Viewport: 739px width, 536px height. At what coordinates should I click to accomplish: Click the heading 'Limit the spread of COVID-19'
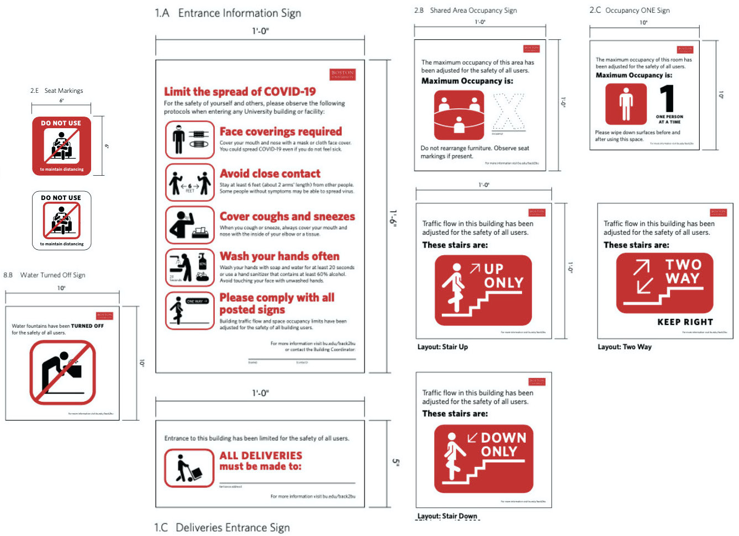[240, 92]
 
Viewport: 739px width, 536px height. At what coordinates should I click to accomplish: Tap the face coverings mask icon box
[190, 140]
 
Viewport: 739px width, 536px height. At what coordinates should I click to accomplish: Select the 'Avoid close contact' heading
[270, 174]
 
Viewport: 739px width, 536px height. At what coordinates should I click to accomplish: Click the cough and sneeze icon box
[190, 225]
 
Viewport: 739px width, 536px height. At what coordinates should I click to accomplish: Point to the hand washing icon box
[190, 267]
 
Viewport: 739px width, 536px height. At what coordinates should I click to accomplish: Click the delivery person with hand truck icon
[189, 468]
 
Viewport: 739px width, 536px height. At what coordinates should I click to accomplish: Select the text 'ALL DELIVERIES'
[261, 455]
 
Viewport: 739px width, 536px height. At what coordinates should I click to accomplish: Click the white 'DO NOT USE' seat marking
[61, 220]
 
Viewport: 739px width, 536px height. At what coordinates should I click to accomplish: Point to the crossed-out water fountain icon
[62, 372]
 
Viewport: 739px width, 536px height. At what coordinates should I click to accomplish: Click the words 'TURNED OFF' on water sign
[87, 326]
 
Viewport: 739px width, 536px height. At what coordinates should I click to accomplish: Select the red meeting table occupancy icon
[459, 115]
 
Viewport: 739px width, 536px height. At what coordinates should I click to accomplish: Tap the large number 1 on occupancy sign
[668, 98]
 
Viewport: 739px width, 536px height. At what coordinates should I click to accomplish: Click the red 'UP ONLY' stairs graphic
[483, 290]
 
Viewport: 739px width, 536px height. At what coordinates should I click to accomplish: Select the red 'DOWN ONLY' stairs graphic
[483, 459]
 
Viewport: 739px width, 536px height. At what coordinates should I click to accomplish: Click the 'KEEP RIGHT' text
[685, 322]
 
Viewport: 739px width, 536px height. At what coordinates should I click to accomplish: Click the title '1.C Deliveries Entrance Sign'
[222, 527]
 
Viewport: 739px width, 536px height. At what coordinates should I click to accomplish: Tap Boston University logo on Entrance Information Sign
[342, 75]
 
